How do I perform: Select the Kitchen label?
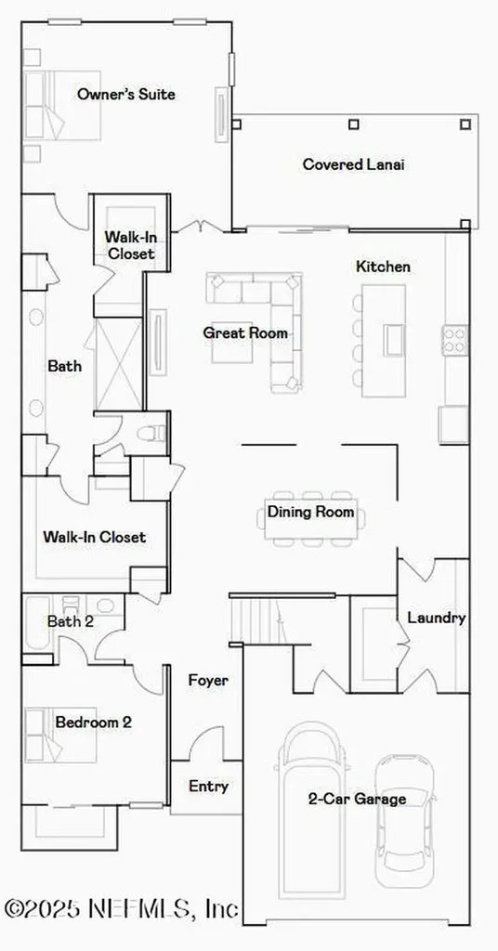[382, 267]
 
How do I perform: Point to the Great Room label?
[245, 332]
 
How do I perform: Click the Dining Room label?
[310, 512]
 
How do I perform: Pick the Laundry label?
[436, 618]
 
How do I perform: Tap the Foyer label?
[208, 681]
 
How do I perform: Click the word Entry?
[208, 787]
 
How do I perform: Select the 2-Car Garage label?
[357, 798]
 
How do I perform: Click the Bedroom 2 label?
[93, 722]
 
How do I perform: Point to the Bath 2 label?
[71, 621]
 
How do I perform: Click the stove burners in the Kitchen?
[454, 339]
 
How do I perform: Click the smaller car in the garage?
[404, 822]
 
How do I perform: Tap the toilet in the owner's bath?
[152, 432]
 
